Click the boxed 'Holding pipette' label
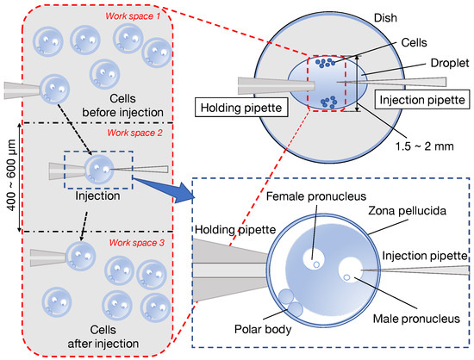pyautogui.click(x=237, y=109)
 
